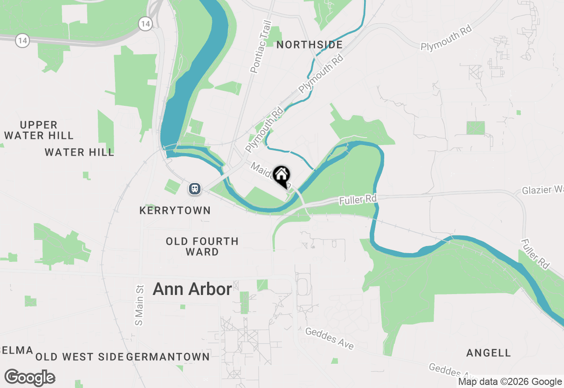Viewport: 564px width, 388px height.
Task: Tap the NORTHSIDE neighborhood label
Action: (x=310, y=45)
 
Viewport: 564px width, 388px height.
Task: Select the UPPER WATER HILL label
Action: (x=39, y=130)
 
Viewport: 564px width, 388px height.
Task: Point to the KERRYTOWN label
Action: (x=175, y=210)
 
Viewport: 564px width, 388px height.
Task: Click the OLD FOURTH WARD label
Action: (x=202, y=246)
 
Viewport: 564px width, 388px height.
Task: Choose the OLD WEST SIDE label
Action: (x=79, y=357)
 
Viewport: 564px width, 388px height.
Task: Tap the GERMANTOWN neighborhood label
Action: (x=168, y=357)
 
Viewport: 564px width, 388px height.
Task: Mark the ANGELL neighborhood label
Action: (x=489, y=353)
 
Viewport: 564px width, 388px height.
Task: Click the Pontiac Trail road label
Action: (x=260, y=47)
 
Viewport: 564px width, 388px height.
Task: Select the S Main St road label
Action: (x=140, y=305)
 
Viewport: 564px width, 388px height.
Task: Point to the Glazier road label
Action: (x=542, y=190)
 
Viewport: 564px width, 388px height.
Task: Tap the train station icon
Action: (x=195, y=189)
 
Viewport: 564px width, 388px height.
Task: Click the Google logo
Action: (x=30, y=378)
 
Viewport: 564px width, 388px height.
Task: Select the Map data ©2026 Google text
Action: (x=510, y=382)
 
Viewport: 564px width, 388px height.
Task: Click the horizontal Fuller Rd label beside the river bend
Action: (x=358, y=200)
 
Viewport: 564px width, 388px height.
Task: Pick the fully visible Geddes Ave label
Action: (x=330, y=338)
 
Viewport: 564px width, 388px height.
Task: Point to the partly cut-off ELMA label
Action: (x=16, y=351)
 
